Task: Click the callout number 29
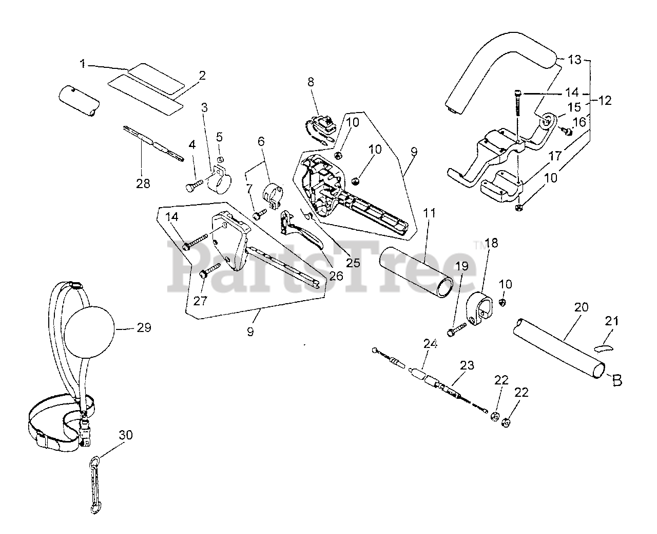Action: coord(144,327)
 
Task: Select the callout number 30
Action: coord(126,435)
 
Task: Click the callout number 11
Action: coord(430,213)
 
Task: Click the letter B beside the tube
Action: coord(617,381)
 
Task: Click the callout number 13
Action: coord(574,60)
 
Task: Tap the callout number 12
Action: coord(605,101)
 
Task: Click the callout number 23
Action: coord(466,365)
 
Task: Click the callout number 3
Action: coord(204,107)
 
